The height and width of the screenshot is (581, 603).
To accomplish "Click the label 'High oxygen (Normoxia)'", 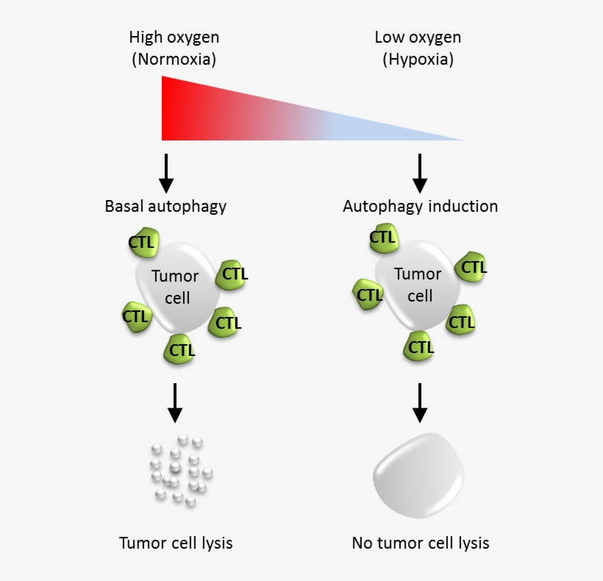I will pos(174,49).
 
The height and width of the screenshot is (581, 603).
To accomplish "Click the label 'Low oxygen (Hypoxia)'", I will pos(418,49).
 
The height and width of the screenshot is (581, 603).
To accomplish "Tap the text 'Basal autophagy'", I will pos(165,206).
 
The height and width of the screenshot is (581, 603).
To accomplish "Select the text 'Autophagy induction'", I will pos(420,206).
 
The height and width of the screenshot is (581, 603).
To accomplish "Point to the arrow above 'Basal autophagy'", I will pos(167,173).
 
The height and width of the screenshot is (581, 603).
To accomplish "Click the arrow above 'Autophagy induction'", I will pos(420,173).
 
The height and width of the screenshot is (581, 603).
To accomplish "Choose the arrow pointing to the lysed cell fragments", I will pos(174,402).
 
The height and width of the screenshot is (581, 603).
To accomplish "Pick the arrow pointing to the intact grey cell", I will pos(420,402).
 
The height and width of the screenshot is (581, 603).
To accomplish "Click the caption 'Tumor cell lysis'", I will pos(176,543).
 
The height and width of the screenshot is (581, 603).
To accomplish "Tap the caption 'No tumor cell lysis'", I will pos(421,543).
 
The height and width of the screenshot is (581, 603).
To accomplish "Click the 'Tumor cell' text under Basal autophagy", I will pos(175,288).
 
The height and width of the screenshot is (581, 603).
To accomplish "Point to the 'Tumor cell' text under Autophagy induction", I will pos(418,285).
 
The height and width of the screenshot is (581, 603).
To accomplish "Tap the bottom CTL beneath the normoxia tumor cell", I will pos(182,349).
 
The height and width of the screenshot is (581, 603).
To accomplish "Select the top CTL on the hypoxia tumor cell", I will pos(382,238).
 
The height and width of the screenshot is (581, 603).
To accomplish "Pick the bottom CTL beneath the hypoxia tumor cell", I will pos(420,346).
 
